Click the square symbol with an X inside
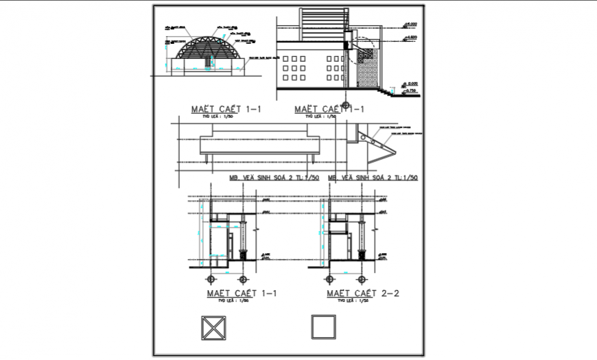tap(213, 326)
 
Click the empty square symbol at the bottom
tap(323, 326)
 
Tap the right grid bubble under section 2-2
tap(362, 279)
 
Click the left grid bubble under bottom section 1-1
tap(211, 279)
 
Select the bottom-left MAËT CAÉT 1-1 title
tap(241, 293)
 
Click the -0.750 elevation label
tap(411, 91)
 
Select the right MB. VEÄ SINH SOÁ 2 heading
tap(374, 178)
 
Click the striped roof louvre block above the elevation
tap(322, 20)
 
